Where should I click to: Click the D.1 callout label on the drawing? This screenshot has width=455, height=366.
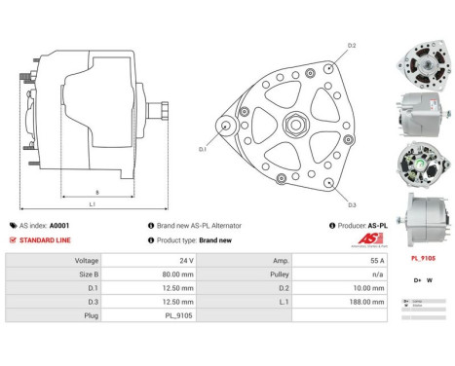pos(203,149)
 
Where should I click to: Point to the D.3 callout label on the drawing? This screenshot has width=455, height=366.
pos(352,205)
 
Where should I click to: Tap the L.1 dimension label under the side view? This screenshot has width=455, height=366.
pos(92,203)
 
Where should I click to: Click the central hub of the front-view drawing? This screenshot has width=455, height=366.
pos(291,126)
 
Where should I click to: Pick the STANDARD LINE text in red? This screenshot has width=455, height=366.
pos(45,239)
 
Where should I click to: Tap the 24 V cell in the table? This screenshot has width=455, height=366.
pos(186,261)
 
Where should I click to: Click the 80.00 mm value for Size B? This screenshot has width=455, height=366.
pos(180,274)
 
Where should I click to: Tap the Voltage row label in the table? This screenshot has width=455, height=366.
pos(87,261)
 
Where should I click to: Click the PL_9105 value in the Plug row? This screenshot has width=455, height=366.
pos(180,315)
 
